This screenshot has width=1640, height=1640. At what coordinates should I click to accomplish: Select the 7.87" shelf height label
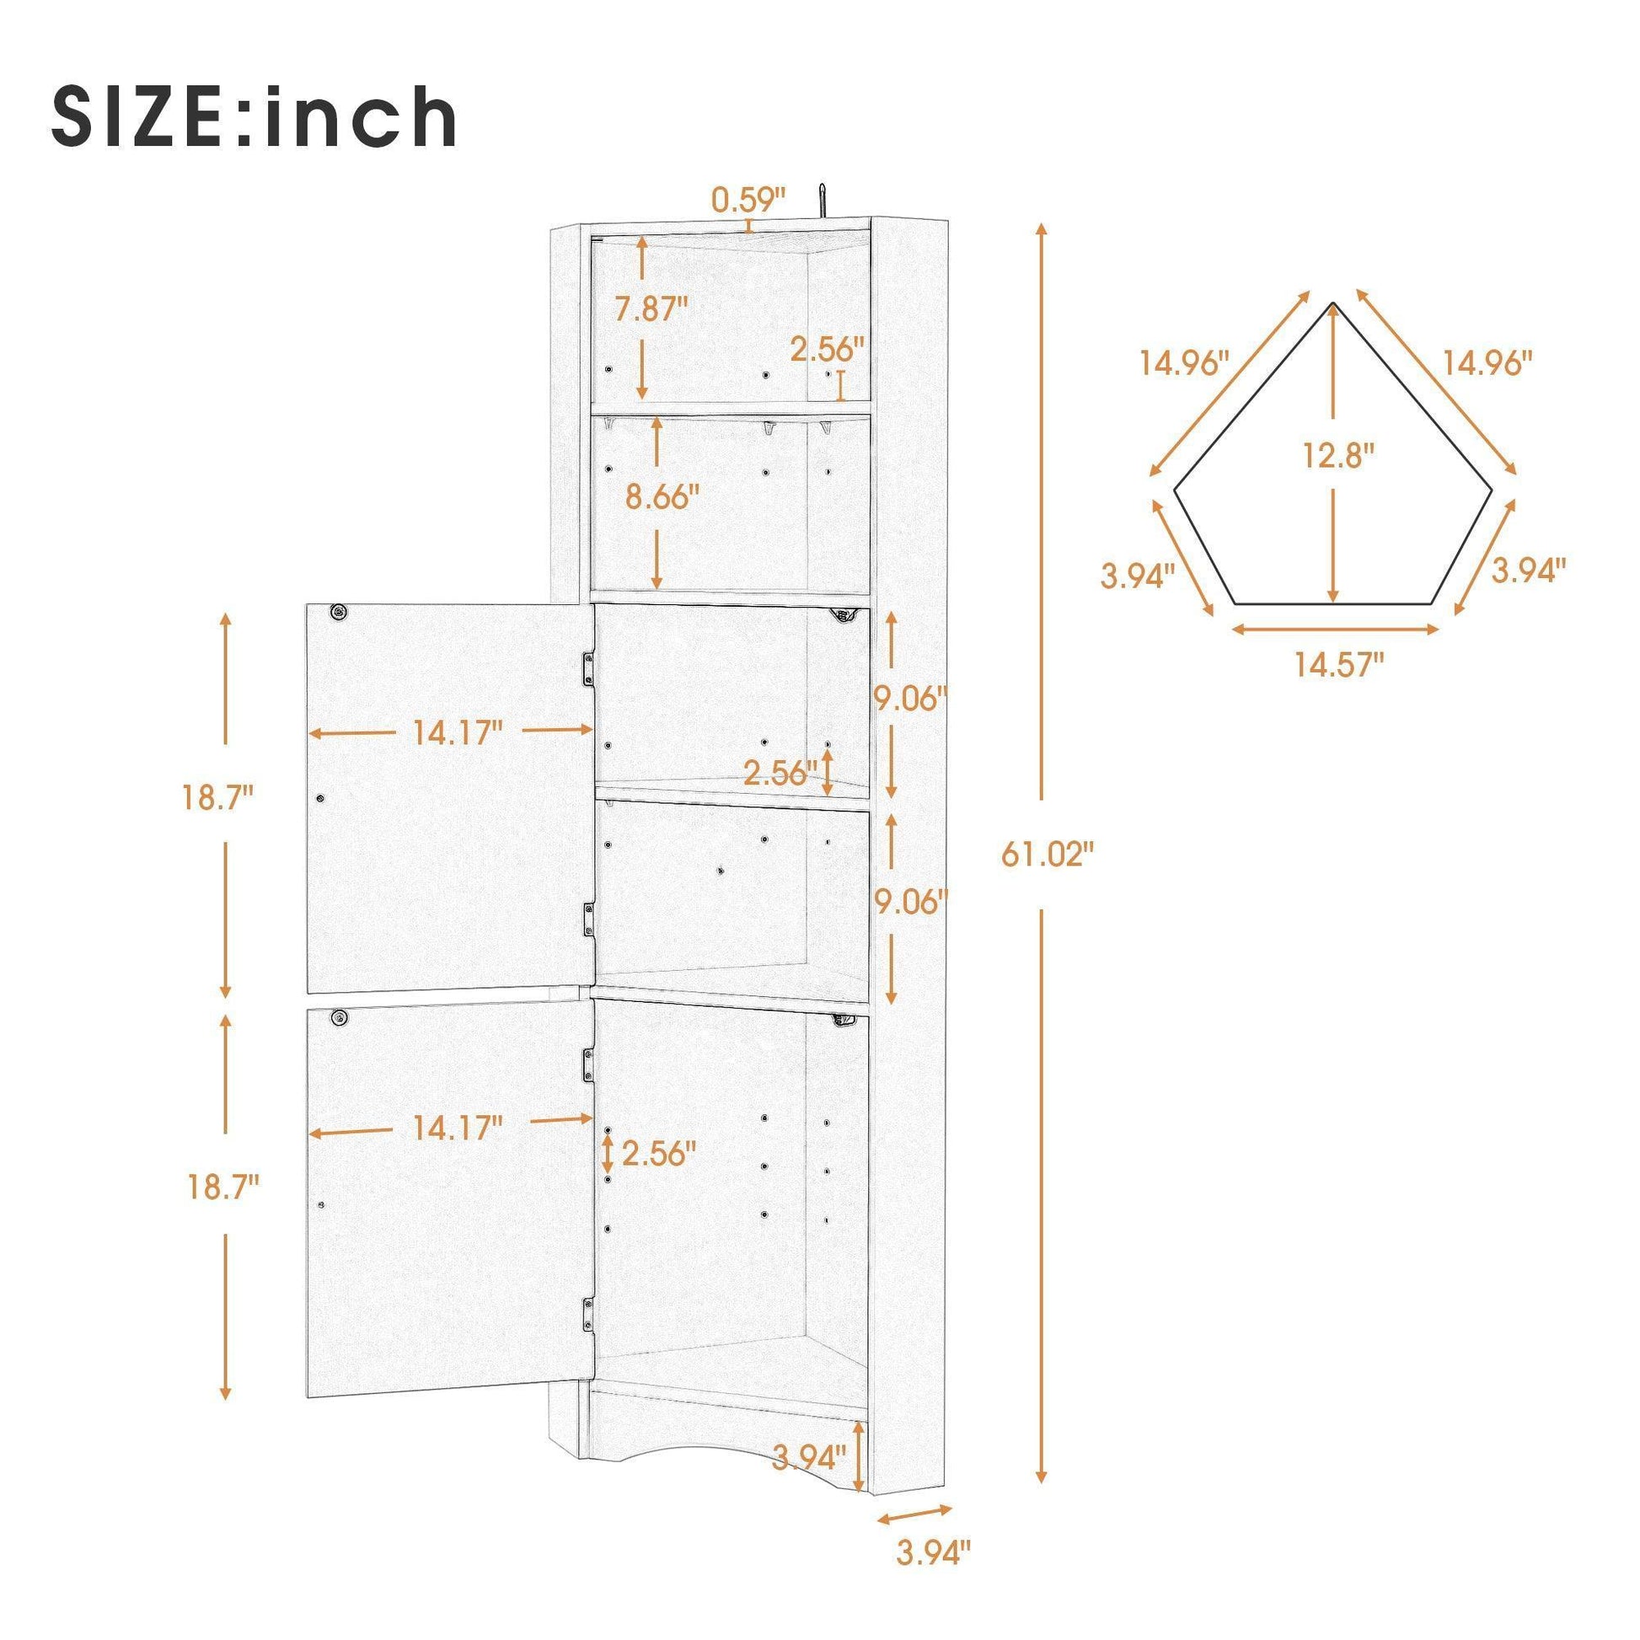pos(652,308)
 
